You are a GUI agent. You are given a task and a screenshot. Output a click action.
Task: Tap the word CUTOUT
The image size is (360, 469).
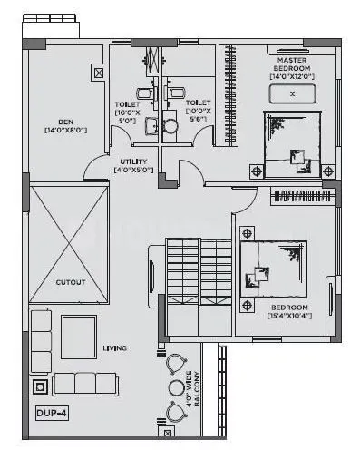(x=70, y=282)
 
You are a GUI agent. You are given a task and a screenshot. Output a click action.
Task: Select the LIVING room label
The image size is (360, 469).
(x=114, y=348)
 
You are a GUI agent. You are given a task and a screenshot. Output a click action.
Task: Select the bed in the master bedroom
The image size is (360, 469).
(x=292, y=144)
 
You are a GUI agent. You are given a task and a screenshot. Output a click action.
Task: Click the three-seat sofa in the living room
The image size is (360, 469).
(x=86, y=384)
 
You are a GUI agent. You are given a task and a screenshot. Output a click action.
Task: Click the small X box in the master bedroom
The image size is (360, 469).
(x=292, y=93)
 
